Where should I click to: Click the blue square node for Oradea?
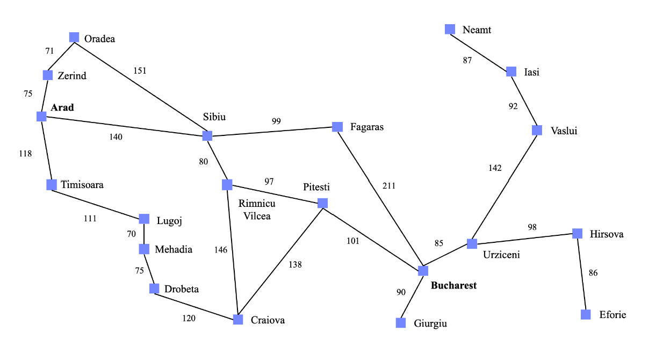coord(74,37)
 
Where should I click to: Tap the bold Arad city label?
coord(62,107)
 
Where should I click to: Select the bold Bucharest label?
coord(454,285)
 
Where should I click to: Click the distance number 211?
coord(389,185)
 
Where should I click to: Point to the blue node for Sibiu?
coord(207,135)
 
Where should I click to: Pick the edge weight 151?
coord(140,70)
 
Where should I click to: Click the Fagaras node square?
coord(337,127)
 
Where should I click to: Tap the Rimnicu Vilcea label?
coord(257,210)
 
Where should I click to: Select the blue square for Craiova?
coord(238,320)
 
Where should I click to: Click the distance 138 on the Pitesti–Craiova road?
coord(295,264)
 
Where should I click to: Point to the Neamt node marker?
coord(450,30)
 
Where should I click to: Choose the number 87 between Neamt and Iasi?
coord(467,60)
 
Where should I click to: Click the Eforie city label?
coord(612,314)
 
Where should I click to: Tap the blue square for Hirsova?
coord(577,233)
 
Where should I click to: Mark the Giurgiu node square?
coord(401,323)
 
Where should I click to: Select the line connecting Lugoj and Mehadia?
coord(144,234)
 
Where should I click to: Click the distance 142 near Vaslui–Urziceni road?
coord(495,168)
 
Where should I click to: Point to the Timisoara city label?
coord(82,185)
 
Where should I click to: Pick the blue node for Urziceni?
coord(472,243)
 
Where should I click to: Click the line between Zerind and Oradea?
coord(61,56)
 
